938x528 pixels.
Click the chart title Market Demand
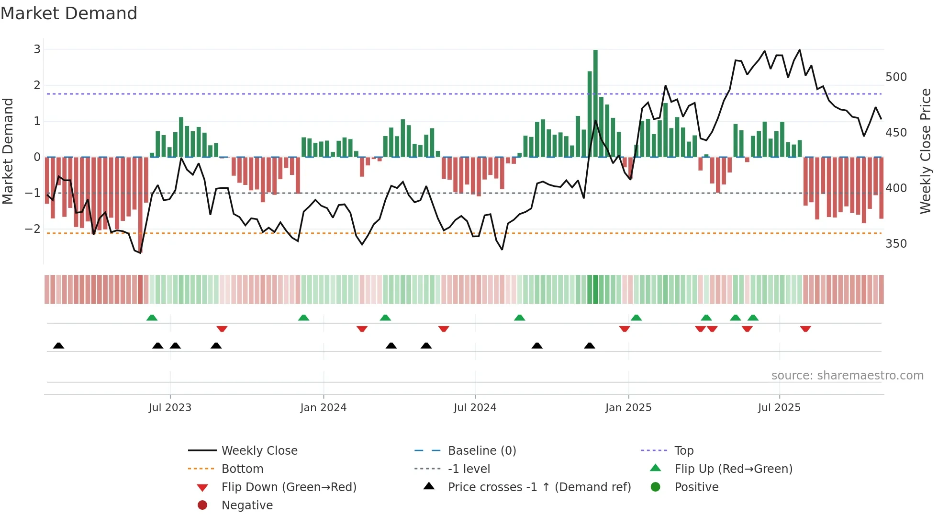[69, 13]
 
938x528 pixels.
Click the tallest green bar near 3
[595, 103]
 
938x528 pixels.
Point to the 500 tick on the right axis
[896, 77]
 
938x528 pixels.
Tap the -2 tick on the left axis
[33, 229]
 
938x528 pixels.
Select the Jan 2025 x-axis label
[628, 408]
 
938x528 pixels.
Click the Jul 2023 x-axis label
[170, 408]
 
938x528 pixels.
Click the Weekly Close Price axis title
[925, 151]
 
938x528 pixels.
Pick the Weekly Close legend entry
[259, 451]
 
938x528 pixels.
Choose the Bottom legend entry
[242, 469]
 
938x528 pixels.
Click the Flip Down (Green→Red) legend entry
[289, 487]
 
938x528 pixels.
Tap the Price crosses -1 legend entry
[539, 487]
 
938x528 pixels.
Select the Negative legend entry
[247, 505]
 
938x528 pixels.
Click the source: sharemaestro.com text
[847, 376]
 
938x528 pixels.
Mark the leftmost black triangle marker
[58, 346]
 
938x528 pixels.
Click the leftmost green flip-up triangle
[152, 318]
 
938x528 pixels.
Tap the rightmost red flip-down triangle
[805, 329]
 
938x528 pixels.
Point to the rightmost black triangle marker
[590, 346]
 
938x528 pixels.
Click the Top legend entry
[684, 451]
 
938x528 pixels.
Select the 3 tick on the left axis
[37, 49]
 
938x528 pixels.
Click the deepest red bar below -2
[140, 204]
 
